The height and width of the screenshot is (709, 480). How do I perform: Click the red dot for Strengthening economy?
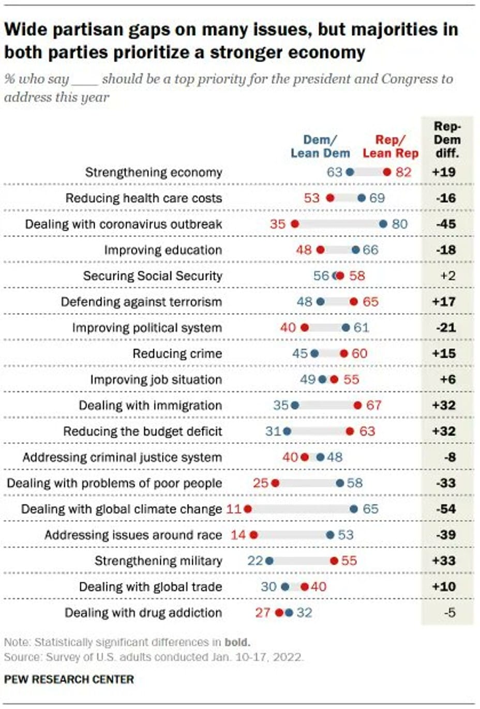(x=387, y=172)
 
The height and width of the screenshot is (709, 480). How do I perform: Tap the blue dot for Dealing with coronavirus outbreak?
(x=383, y=224)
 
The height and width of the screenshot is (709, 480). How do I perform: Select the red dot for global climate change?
(x=248, y=509)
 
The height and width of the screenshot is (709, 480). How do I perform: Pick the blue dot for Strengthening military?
(x=269, y=561)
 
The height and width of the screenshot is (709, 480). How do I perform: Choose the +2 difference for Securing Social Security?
(x=447, y=276)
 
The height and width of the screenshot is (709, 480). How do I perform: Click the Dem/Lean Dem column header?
(x=320, y=146)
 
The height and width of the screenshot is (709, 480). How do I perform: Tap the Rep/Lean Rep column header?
(x=391, y=146)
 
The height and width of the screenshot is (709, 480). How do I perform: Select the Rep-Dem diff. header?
(x=447, y=140)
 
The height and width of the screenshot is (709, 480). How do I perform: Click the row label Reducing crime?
(x=177, y=353)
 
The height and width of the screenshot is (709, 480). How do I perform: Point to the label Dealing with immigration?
(x=150, y=405)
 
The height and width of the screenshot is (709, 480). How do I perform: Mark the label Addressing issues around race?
(x=133, y=535)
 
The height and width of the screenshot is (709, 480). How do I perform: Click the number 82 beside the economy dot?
(x=403, y=172)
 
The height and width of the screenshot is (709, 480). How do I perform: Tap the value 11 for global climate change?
(x=234, y=509)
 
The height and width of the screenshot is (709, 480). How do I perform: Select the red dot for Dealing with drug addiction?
(x=279, y=613)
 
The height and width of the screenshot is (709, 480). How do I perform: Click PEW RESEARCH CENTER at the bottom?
(x=69, y=680)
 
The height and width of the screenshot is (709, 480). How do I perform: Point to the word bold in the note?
(x=237, y=642)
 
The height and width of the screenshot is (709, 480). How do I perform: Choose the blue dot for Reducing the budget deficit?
(x=287, y=431)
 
